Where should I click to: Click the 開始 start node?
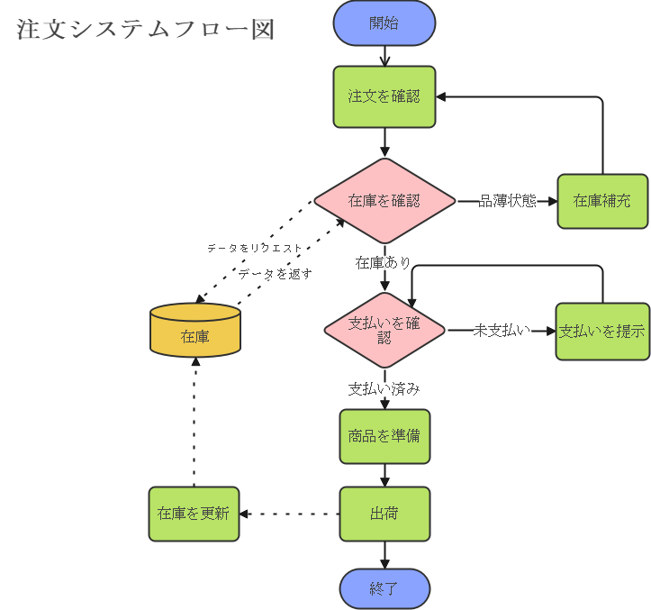click(x=384, y=23)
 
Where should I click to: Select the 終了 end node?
click(x=384, y=589)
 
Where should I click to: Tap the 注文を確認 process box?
click(x=384, y=97)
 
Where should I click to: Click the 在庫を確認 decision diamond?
click(x=384, y=201)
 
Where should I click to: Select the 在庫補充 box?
click(x=602, y=201)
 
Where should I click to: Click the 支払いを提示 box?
click(x=602, y=332)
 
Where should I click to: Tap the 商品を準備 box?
click(x=384, y=436)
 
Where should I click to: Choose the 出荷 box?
click(x=384, y=514)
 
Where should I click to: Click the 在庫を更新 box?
click(x=194, y=514)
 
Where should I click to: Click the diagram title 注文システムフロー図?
click(x=145, y=30)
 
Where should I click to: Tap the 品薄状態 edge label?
click(x=508, y=201)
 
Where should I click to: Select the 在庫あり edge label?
click(x=384, y=263)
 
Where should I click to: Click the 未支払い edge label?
click(x=502, y=331)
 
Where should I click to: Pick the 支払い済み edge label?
click(x=384, y=390)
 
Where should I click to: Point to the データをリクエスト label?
click(x=256, y=248)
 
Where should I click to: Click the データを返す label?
click(x=276, y=274)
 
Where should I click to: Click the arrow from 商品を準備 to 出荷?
click(x=384, y=476)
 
